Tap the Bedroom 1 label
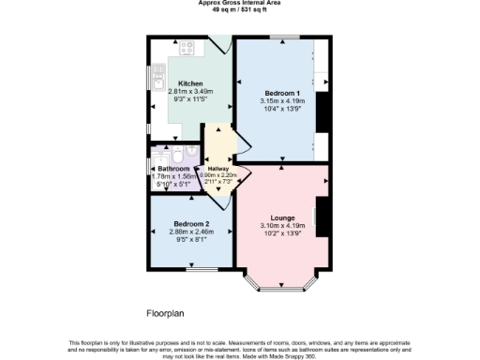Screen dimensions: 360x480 pos(281,94)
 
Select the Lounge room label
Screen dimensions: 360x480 pos(282,217)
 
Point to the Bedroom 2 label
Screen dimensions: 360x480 pos(189,223)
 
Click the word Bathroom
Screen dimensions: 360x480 pos(175,169)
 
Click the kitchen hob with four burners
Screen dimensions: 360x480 pos(185,48)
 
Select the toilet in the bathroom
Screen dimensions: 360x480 pos(190,149)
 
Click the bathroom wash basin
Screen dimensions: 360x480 pos(175,148)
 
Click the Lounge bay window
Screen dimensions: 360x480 pos(282,279)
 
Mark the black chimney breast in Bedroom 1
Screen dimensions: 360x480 pos(322,114)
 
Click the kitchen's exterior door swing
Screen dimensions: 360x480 pos(221,43)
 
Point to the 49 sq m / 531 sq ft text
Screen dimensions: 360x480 pos(240,9)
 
